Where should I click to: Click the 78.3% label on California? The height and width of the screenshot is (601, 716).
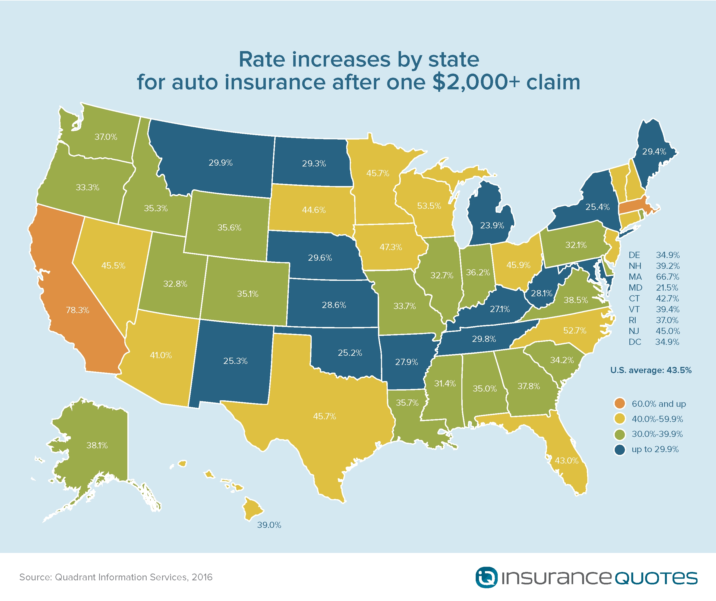(77, 310)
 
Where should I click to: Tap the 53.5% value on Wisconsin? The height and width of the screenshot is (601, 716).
(429, 206)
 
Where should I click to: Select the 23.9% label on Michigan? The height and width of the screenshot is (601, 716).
(492, 225)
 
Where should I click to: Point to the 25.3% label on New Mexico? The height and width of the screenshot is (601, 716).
(235, 361)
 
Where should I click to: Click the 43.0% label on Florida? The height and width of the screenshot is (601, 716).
(566, 461)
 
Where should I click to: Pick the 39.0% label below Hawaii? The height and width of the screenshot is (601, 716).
(269, 525)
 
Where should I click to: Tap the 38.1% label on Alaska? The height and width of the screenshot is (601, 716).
(97, 445)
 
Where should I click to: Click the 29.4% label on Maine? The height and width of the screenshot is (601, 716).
(654, 152)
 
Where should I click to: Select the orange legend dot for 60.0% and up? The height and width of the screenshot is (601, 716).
(620, 404)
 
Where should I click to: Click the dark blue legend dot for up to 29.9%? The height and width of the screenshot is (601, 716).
(620, 449)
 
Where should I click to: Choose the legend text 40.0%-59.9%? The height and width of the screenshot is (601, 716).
(657, 419)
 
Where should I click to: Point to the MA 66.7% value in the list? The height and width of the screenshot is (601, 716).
(667, 277)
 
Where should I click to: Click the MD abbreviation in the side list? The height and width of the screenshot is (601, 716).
(635, 288)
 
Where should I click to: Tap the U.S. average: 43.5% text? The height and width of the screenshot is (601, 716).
(651, 370)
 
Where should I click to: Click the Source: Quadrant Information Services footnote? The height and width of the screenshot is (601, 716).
(116, 577)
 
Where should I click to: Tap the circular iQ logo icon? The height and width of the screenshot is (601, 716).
(486, 577)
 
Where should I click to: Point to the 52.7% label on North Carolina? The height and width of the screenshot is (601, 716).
(575, 330)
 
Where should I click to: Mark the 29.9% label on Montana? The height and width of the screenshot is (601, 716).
(220, 163)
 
